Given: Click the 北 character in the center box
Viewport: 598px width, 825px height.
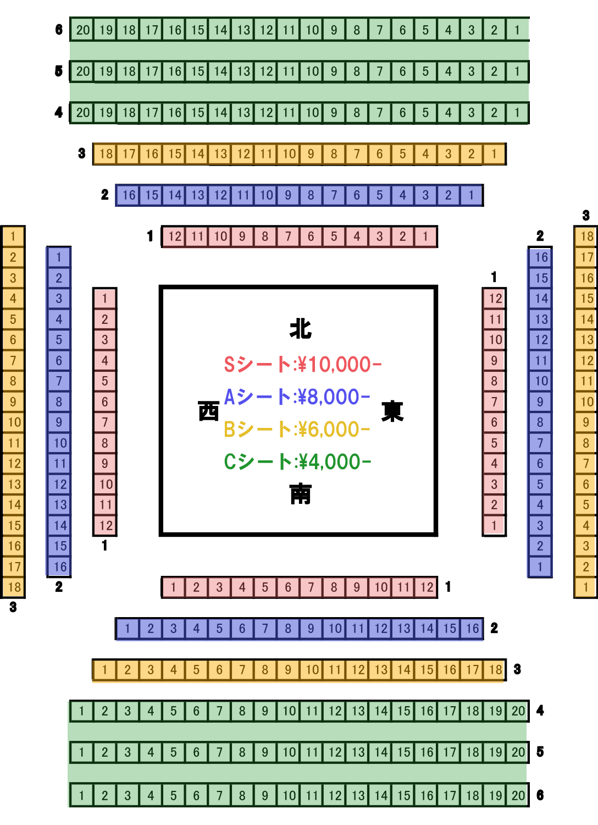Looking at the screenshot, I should pos(301,328).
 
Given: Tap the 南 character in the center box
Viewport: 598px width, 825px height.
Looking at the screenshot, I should pos(301,494).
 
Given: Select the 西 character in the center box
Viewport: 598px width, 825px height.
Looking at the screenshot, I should pos(208,411).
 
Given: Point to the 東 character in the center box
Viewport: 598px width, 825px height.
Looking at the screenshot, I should pos(392,411).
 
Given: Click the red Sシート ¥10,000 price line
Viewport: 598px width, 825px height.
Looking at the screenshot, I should pos(302,364).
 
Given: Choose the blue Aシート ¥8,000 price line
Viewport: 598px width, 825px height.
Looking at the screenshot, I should pos(297,397).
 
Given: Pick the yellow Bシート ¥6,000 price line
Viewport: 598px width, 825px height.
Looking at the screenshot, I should pos(297,429).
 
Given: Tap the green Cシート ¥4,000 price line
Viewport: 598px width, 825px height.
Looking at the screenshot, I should pos(297,461).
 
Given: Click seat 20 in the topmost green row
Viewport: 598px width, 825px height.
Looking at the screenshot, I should pos(83,30).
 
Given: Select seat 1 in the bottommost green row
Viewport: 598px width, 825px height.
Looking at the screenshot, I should pos(82,795).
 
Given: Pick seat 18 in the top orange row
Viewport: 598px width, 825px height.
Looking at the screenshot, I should pos(106,154).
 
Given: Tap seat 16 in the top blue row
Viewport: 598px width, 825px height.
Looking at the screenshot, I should pos(129,195).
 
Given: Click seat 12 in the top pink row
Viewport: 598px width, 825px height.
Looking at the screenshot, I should pos(174,237).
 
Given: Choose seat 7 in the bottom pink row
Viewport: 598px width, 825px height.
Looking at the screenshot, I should pos(311,587).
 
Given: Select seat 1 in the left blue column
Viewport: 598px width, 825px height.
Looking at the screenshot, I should pos(59,257).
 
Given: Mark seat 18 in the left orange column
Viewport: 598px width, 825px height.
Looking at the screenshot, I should pos(14,587).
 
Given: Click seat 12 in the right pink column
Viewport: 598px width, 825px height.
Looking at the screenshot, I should pos(495,299).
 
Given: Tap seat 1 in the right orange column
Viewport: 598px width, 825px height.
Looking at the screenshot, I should pos(586,587).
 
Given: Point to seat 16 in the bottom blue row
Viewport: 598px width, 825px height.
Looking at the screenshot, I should pos(473,628).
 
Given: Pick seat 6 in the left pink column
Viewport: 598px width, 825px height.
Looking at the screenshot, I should pos(105,402).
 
